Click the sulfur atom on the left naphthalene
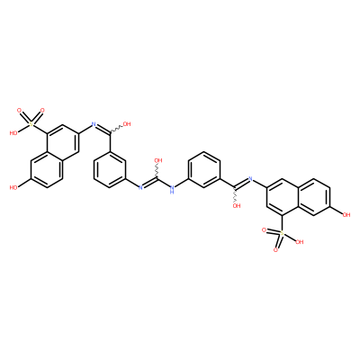pos(31,123)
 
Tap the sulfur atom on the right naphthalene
pos(282,233)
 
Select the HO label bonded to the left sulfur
pos(13,133)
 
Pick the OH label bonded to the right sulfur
pos(299,242)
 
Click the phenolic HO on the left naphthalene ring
pos(13,188)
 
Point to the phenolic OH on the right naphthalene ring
pos(346,214)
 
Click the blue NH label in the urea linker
pos(172,190)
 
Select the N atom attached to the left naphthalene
pos(94,124)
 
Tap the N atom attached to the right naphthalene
pos(250,179)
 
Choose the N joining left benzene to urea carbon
pos(140,188)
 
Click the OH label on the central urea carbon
pos(158,160)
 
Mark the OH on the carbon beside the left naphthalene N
pos(127,124)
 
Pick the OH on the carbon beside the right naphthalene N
pos(237,206)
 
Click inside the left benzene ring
pos(109,169)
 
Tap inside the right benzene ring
pos(204,169)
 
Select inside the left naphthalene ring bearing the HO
pos(47,169)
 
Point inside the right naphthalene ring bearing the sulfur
pos(282,197)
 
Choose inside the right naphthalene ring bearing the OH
pos(313,197)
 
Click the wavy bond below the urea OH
pos(157,171)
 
